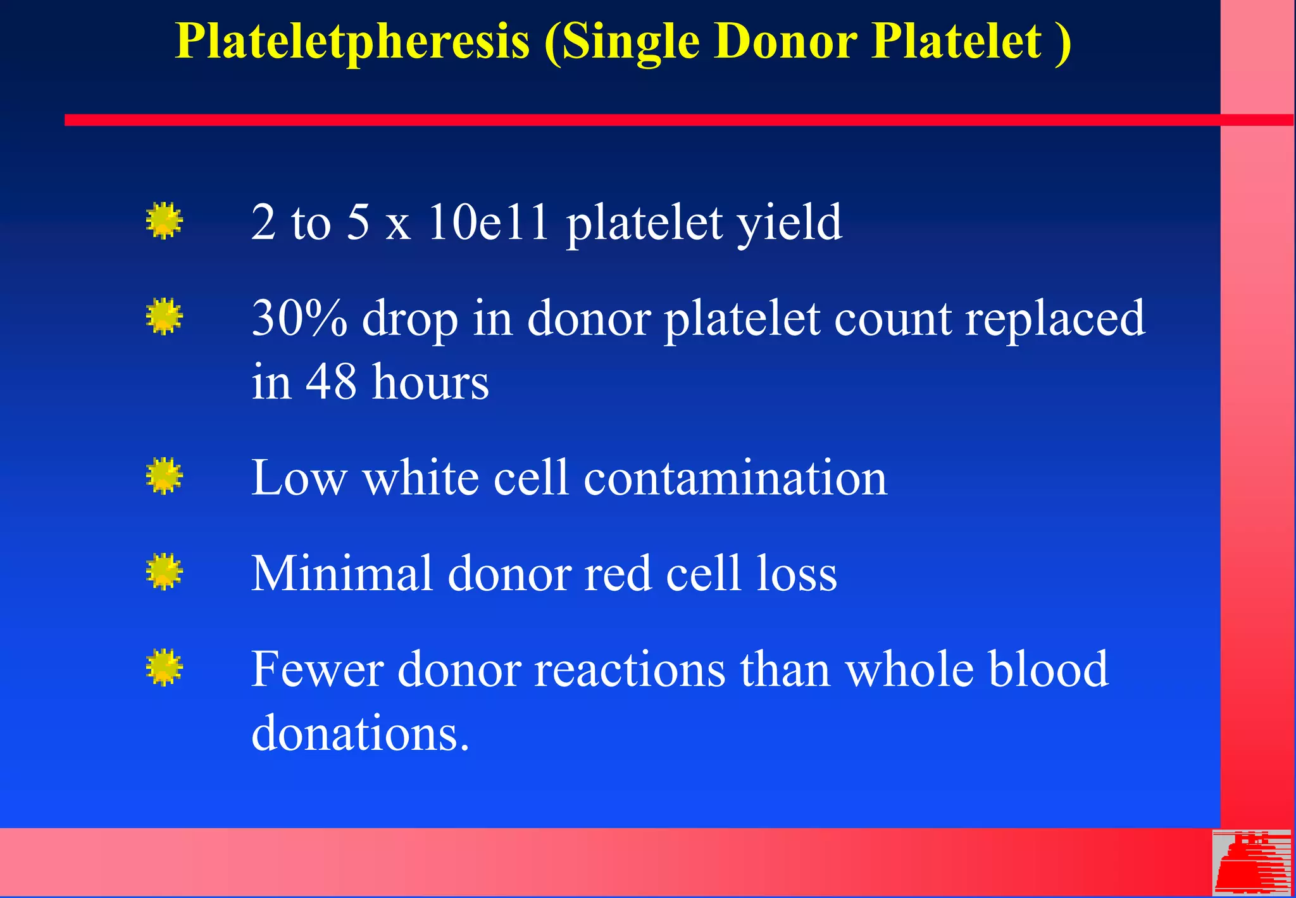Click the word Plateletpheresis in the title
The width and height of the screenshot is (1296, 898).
pos(352,42)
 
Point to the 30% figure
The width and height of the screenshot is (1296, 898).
pos(299,318)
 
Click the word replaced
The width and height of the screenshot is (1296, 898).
pos(1054,319)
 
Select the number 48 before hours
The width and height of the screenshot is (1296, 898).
pos(331,382)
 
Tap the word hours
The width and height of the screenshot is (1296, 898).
pos(430,382)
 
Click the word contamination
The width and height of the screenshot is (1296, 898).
pos(735,477)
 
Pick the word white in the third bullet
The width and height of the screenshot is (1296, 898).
pos(420,477)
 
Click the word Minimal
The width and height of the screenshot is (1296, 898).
pos(342,573)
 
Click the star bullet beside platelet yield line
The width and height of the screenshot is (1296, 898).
pos(164,221)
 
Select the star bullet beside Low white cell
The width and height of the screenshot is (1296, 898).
pos(164,476)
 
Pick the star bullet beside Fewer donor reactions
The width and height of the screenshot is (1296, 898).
pos(164,667)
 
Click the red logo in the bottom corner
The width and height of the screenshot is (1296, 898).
pos(1252,863)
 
